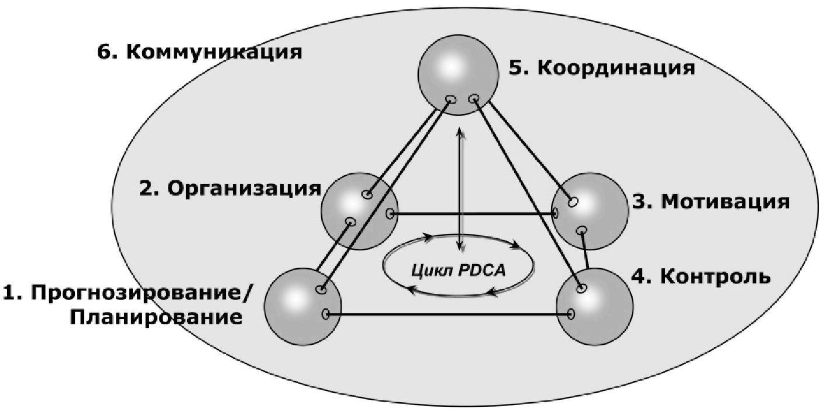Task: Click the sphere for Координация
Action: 458,75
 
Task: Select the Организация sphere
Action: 360,211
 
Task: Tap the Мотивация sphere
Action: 590,211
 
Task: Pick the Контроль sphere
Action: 594,307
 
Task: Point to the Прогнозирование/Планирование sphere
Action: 303,307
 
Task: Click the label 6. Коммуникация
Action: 199,52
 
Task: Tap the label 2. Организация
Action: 230,189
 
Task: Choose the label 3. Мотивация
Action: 711,202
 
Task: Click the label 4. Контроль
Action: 701,276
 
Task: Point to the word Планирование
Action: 156,317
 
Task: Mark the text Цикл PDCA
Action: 459,271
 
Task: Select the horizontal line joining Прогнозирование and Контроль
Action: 448,314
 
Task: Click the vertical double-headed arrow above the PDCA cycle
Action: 460,190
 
